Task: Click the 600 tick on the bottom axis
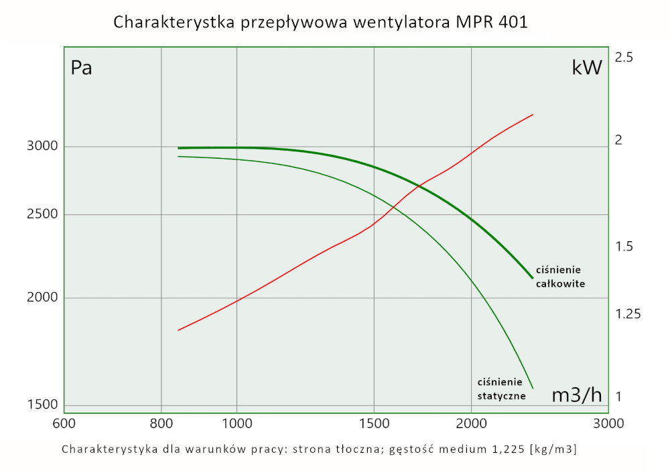pyautogui.click(x=64, y=423)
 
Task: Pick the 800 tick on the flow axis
pyautogui.click(x=161, y=423)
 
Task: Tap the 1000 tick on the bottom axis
pyautogui.click(x=237, y=423)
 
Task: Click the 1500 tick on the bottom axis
pyautogui.click(x=373, y=423)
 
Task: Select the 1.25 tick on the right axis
pyautogui.click(x=627, y=314)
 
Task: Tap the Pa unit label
pyautogui.click(x=81, y=68)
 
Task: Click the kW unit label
pyautogui.click(x=587, y=68)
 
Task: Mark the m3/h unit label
pyautogui.click(x=577, y=395)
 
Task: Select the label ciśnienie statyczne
pyautogui.click(x=500, y=389)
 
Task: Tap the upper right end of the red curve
pyautogui.click(x=533, y=115)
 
